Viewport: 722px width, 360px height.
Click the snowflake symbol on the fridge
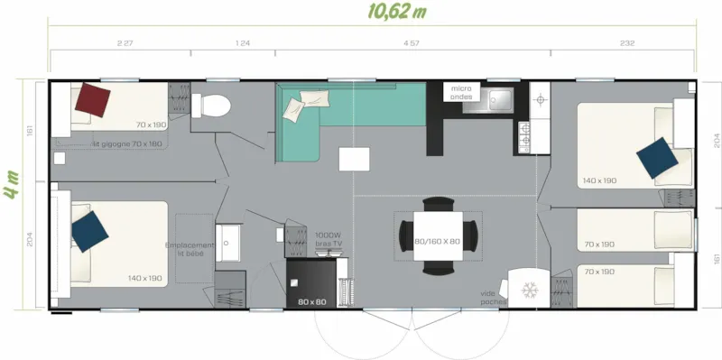[529, 290]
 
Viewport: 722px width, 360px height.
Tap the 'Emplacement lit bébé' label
[190, 249]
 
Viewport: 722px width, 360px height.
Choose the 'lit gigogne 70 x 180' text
[127, 143]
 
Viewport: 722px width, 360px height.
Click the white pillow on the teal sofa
[295, 110]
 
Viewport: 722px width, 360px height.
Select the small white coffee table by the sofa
[354, 159]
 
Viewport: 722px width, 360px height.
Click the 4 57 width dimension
[410, 42]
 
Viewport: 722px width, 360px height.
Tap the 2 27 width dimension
[125, 42]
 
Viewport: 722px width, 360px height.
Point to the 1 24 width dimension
[242, 42]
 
